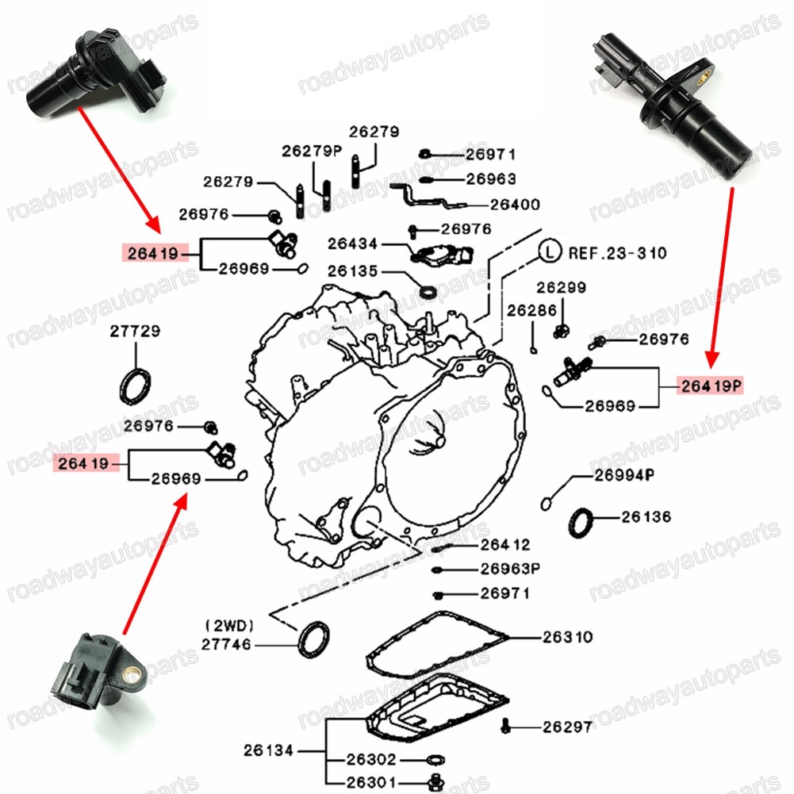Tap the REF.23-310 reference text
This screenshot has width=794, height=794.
point(617,254)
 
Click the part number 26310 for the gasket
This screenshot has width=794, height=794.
point(568,637)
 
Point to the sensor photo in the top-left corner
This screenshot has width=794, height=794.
point(95,75)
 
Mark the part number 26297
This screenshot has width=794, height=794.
point(567,727)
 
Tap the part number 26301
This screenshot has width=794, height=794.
point(371,782)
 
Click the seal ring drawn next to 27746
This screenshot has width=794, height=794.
point(313,639)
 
